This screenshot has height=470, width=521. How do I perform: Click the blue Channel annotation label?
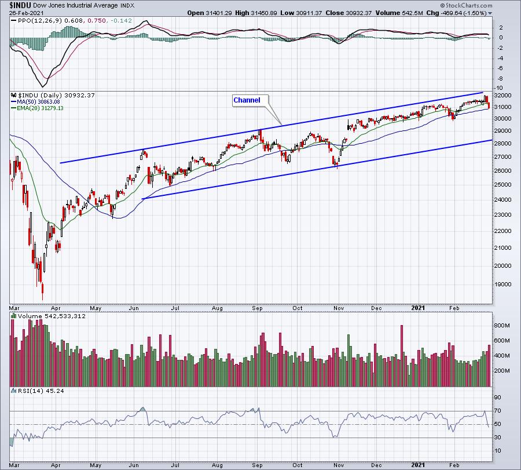pyautogui.click(x=247, y=100)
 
